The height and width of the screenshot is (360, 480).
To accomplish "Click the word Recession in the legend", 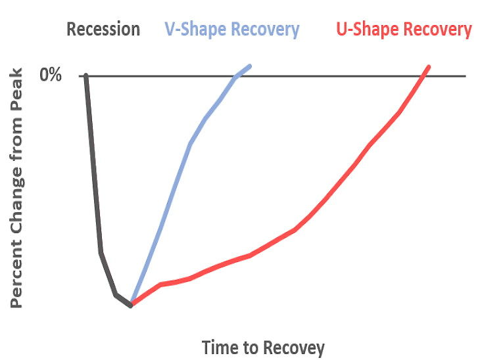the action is [103, 29].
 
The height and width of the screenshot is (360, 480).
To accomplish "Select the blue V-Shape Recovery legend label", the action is [232, 30].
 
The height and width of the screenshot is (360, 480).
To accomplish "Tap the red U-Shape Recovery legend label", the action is [404, 30].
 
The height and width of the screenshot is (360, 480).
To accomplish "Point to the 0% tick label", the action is [51, 74].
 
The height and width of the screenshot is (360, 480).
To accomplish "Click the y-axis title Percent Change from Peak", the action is [16, 188].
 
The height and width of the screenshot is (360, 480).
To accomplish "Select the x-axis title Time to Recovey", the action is [263, 348].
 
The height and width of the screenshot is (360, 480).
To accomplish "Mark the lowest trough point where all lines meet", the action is [131, 305].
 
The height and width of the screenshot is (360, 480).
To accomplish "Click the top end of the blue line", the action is [250, 66].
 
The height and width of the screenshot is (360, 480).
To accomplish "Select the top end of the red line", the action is [429, 67].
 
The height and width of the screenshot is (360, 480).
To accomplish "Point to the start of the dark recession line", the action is [86, 76].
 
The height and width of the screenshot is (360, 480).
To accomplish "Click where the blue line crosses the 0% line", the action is [237, 76].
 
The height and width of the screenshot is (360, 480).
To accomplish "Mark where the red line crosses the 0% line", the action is [423, 76].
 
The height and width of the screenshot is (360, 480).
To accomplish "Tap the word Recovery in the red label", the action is [438, 30].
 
